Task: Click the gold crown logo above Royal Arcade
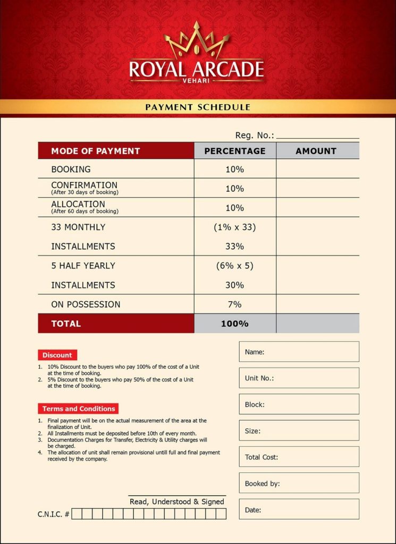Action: pos(197,41)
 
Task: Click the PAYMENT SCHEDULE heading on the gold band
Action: pos(198,107)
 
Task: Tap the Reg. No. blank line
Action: pos(317,136)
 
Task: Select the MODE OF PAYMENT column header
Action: pos(96,151)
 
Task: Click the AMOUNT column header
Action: pos(316,151)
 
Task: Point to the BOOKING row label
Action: pos(71,169)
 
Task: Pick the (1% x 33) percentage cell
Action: pos(234,227)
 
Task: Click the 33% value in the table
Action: pos(234,246)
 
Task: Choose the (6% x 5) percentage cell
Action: pos(234,266)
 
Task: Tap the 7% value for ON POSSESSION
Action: pos(234,304)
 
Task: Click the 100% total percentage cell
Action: pos(234,324)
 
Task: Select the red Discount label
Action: pos(57,355)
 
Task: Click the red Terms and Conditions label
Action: pos(79,409)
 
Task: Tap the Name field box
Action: pos(299,352)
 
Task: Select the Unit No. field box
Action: pos(299,378)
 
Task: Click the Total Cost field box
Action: pos(299,457)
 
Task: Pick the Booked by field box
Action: pos(299,483)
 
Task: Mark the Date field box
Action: pos(299,509)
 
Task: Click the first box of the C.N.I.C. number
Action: pos(77,514)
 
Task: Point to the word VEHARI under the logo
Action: pos(197,80)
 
